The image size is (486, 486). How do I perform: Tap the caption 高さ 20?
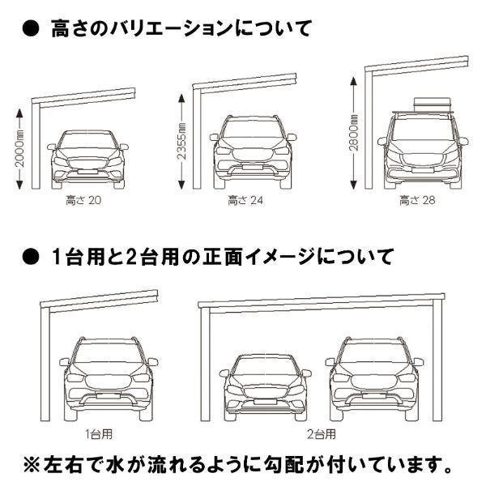tap(85, 198)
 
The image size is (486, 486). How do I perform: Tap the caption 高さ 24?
tap(245, 198)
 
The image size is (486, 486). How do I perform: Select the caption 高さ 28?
tap(417, 198)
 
